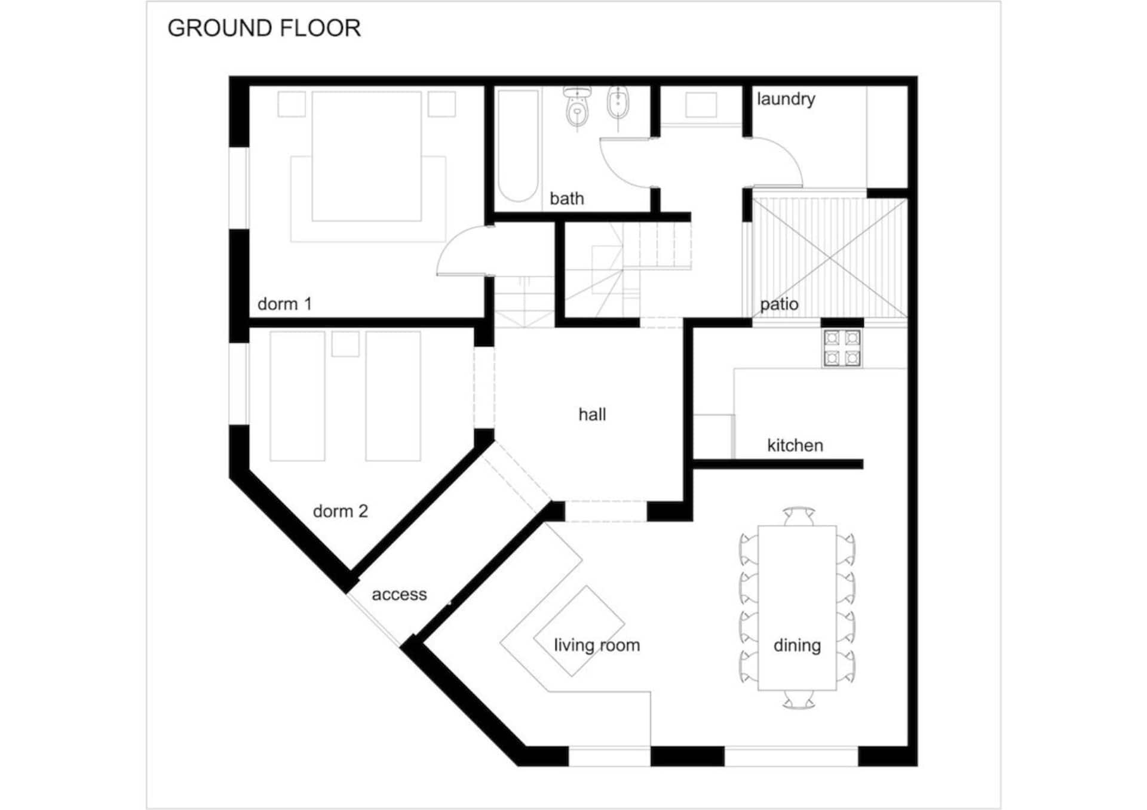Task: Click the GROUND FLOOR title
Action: (x=264, y=28)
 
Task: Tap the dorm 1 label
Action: (x=284, y=304)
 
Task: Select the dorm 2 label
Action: (x=341, y=511)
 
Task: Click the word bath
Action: (x=566, y=198)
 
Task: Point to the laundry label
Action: (x=786, y=99)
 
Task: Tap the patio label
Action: (x=779, y=304)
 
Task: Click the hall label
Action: (x=592, y=414)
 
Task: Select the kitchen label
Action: (x=795, y=445)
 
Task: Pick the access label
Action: (x=399, y=595)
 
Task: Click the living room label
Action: (x=597, y=645)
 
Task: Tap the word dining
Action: (x=797, y=645)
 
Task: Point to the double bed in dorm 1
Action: (x=367, y=156)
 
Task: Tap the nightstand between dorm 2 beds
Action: (x=345, y=344)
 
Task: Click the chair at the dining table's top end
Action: (x=799, y=516)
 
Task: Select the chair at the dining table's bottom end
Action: (x=799, y=700)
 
